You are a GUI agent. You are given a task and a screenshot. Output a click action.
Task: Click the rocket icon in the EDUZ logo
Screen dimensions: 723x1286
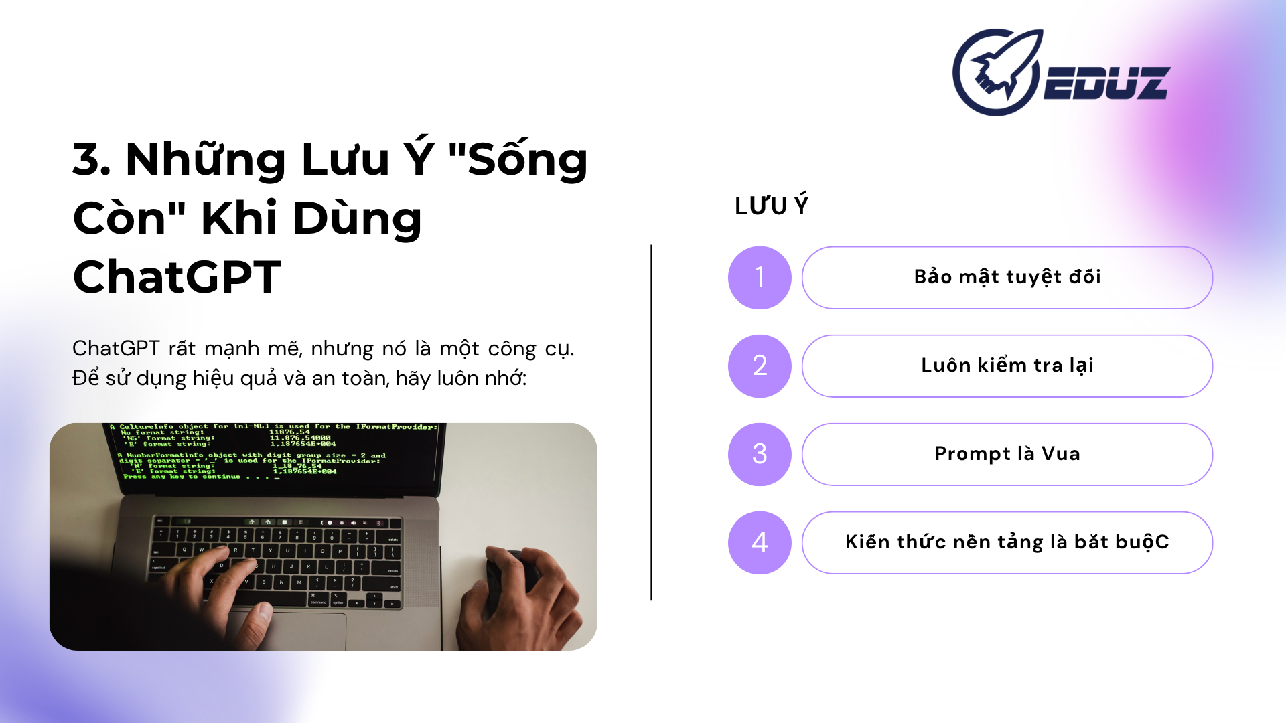996,72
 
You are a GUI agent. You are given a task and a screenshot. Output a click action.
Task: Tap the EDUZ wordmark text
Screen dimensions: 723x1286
1106,84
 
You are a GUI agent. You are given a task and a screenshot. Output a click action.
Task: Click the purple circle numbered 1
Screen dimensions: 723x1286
760,278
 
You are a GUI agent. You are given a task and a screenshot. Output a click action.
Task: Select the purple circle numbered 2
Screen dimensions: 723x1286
760,366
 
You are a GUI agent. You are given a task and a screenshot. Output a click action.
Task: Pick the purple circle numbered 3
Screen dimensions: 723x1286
760,455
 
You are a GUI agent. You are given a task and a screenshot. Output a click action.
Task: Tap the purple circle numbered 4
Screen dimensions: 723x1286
760,543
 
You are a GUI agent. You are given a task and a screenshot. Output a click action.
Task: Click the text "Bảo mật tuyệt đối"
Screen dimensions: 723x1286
1007,277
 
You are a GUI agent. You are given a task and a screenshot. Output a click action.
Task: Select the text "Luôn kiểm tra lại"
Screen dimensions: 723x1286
1007,366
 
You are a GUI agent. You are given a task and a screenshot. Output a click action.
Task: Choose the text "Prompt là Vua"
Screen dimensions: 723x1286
1007,454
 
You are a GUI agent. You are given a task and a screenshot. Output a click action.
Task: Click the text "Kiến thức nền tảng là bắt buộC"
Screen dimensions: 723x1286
1007,542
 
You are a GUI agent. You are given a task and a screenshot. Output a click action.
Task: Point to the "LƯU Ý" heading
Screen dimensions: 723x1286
772,206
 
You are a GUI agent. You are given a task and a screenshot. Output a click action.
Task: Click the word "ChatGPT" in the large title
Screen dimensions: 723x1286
177,277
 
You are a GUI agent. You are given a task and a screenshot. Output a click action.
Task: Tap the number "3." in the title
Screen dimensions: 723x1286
92,160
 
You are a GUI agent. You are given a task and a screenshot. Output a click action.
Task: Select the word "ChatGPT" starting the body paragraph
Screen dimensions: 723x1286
115,349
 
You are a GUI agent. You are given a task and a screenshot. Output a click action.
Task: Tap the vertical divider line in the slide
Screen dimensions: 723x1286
651,422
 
